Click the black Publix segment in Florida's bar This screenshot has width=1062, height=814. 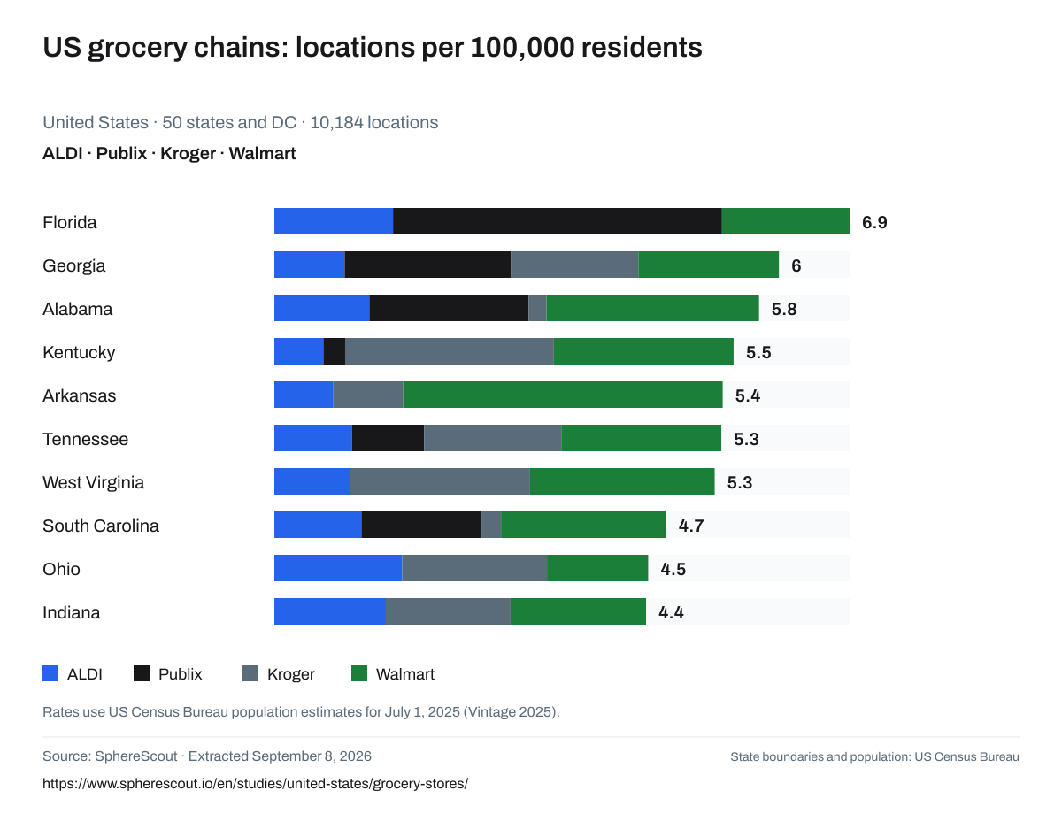(558, 221)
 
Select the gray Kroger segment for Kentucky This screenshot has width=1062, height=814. (450, 351)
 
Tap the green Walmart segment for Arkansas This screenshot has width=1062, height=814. (563, 395)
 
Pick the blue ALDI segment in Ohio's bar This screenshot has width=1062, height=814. (338, 568)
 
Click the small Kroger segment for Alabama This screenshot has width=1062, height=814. (537, 308)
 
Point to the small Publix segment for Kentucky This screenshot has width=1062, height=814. (335, 351)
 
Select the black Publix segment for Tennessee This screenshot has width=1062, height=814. (388, 438)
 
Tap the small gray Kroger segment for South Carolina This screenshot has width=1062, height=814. (491, 525)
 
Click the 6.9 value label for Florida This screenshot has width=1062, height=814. (874, 222)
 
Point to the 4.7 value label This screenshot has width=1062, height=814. (691, 526)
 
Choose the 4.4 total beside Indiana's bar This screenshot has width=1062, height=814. (671, 612)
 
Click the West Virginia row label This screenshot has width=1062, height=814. (93, 482)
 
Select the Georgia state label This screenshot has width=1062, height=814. (73, 265)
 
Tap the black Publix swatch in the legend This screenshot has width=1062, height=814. (142, 673)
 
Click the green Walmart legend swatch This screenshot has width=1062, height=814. (359, 673)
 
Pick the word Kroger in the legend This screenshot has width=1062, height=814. (291, 674)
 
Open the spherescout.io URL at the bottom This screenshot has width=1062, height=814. (255, 784)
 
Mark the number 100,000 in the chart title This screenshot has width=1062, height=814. (522, 48)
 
